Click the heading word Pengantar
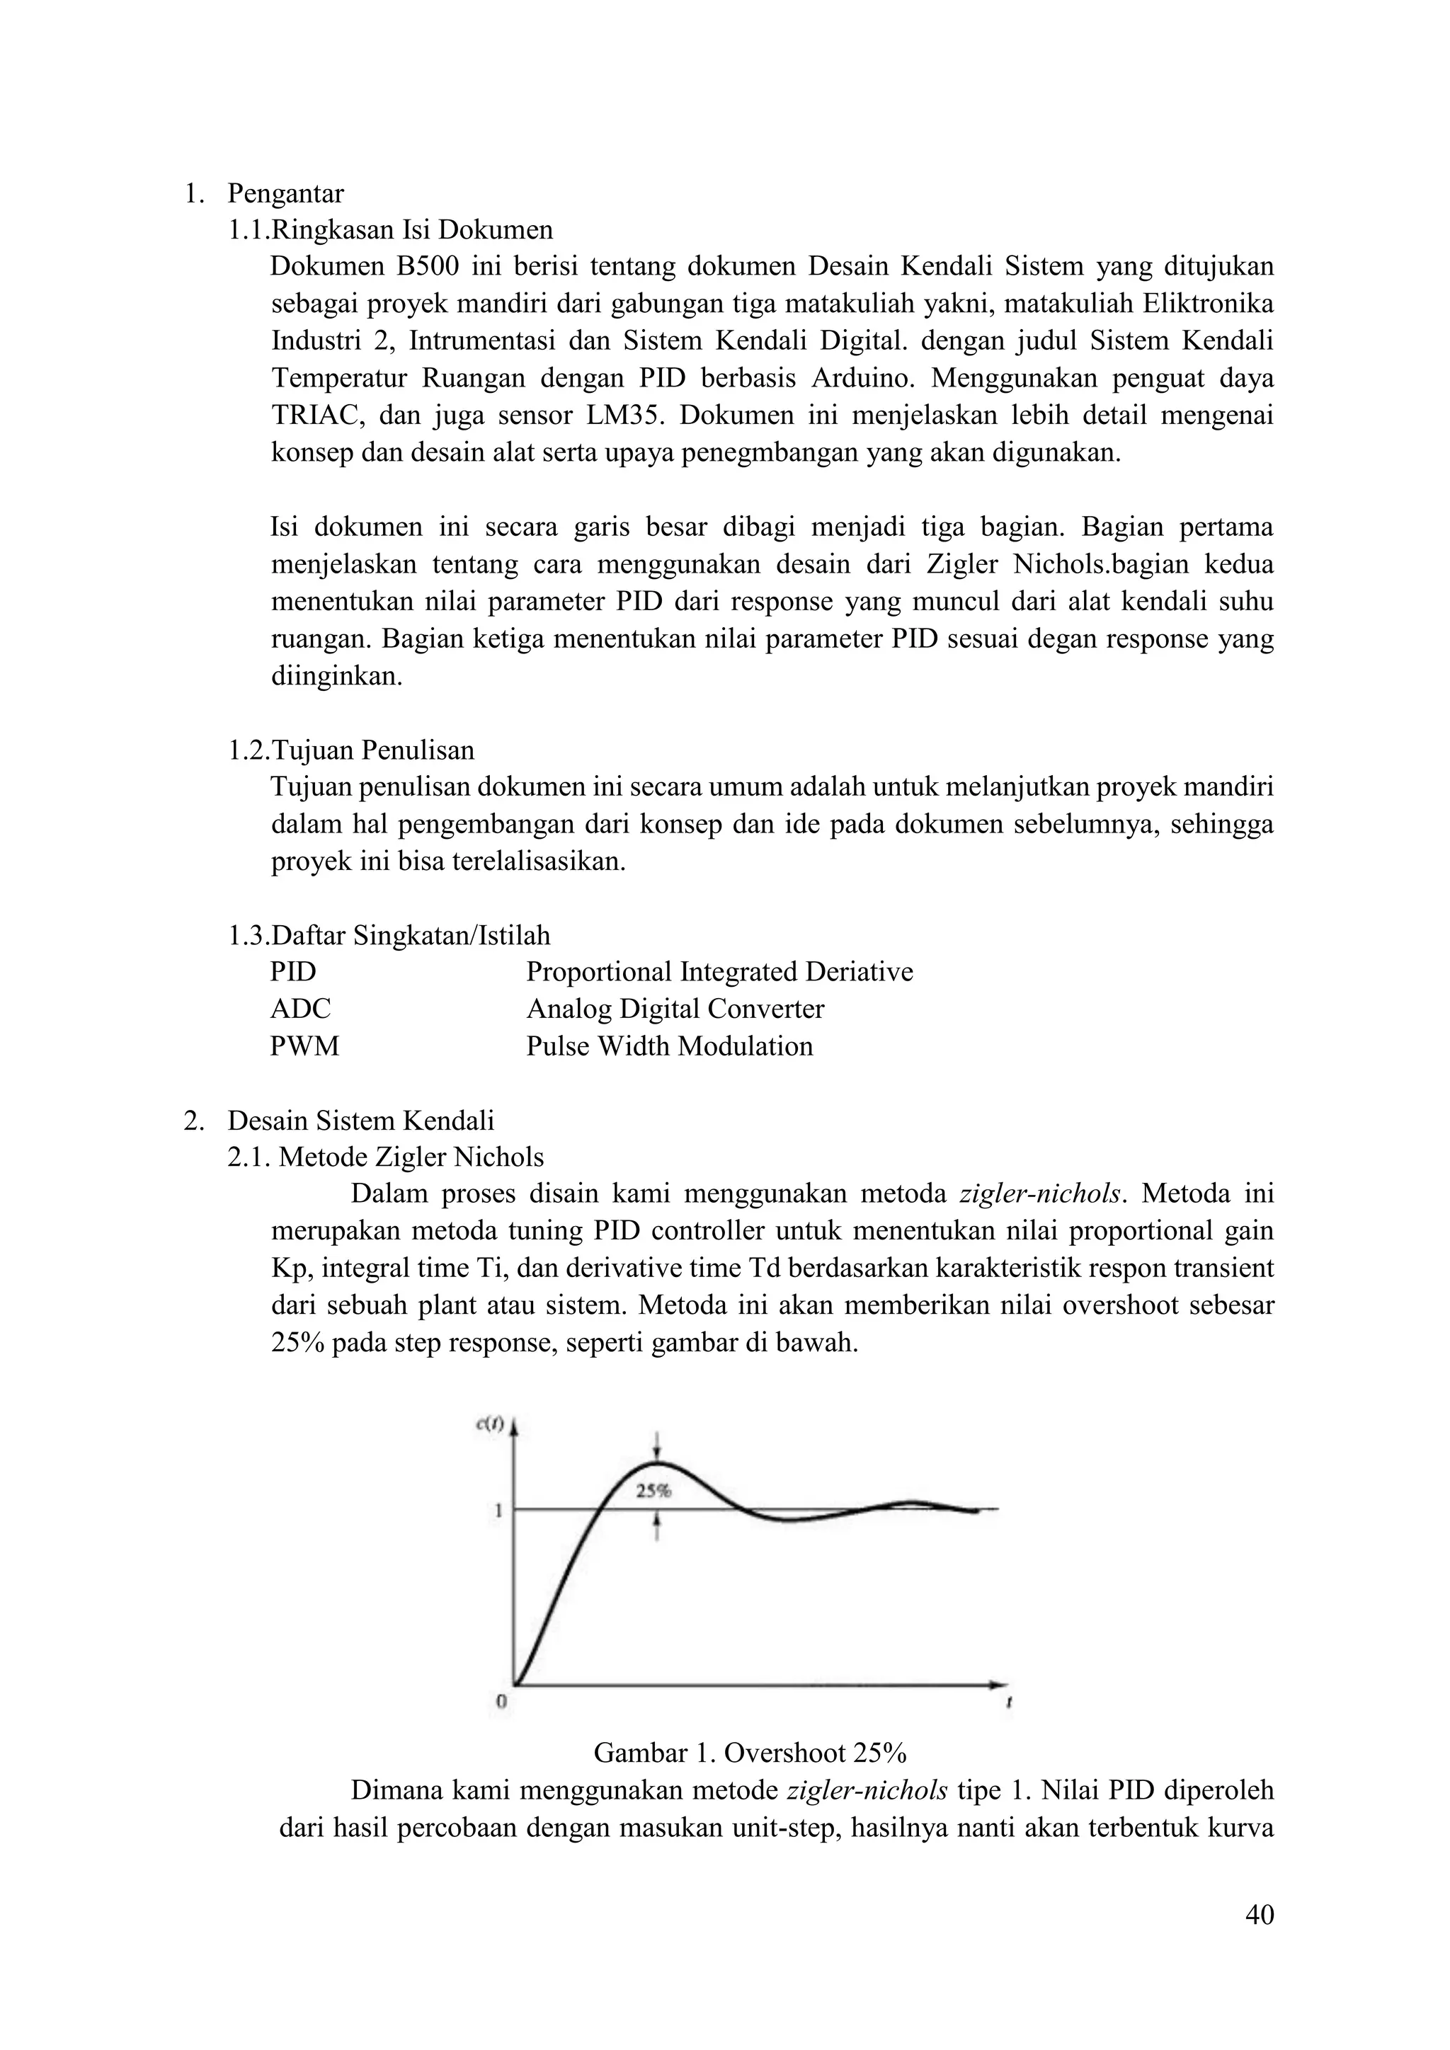(x=286, y=193)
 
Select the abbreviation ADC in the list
(x=300, y=1009)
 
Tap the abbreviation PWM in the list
(x=304, y=1046)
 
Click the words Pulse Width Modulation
(x=670, y=1046)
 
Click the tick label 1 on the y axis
(x=499, y=1511)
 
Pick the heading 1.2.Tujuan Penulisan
(x=351, y=750)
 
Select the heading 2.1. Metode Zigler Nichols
(x=386, y=1157)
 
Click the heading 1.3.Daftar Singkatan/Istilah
(x=389, y=936)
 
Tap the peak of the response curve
(x=657, y=1463)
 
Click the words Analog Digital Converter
(x=675, y=1009)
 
